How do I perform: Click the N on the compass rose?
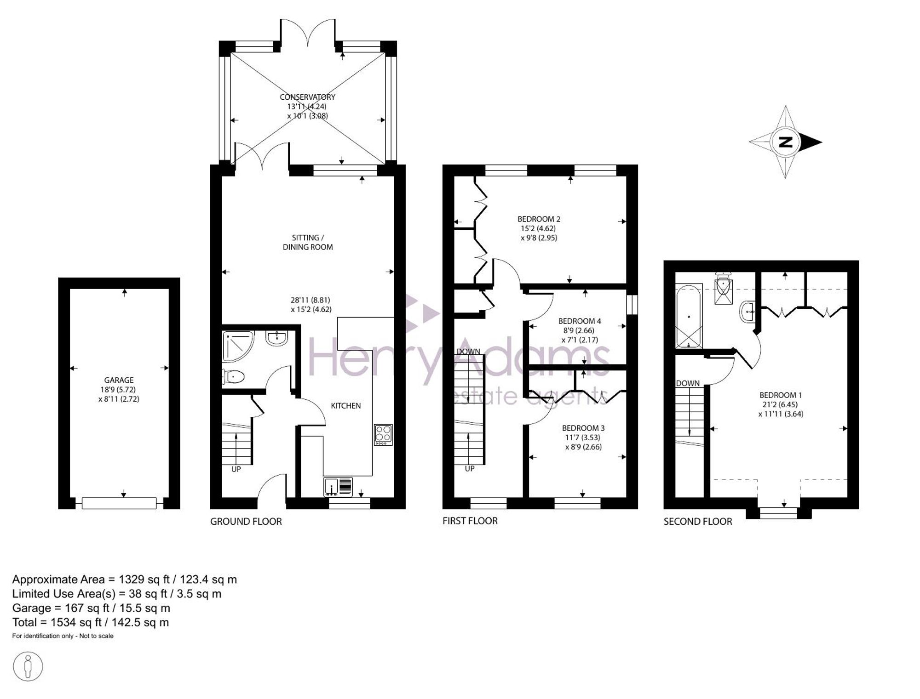click(786, 142)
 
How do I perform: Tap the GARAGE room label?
click(119, 380)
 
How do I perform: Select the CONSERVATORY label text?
click(307, 97)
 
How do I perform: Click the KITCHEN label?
click(346, 405)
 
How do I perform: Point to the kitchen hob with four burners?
click(383, 434)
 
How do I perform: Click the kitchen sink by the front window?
click(338, 487)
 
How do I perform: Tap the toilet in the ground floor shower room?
click(233, 377)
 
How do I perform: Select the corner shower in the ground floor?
click(237, 346)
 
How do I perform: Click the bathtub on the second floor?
click(688, 316)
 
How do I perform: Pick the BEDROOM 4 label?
click(580, 321)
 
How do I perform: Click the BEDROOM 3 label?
click(583, 428)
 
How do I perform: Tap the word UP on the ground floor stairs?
click(236, 469)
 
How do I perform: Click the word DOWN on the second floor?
click(688, 383)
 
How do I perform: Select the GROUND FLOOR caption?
click(246, 521)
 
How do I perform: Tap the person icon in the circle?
click(28, 666)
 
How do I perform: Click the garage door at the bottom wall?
click(119, 503)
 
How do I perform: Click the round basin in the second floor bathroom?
click(747, 312)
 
